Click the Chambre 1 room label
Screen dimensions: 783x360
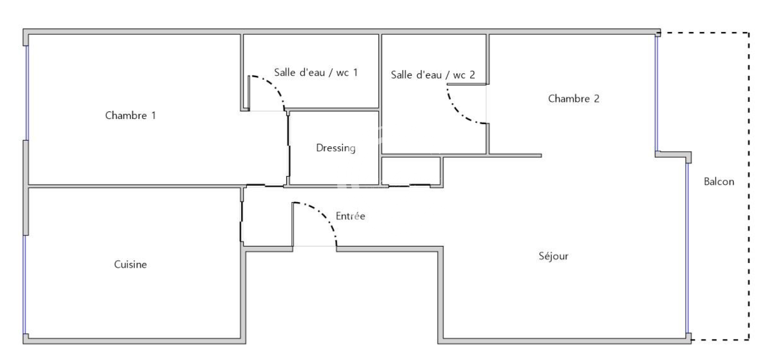[x=130, y=115]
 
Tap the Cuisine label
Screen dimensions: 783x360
[x=130, y=264]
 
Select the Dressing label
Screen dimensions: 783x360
[x=336, y=148]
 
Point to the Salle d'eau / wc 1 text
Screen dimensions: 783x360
[x=316, y=73]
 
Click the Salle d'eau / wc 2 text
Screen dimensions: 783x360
[x=432, y=74]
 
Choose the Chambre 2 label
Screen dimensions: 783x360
[x=574, y=99]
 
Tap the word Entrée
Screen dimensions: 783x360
[x=351, y=215]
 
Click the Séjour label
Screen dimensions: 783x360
[x=553, y=256]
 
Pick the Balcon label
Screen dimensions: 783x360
[x=719, y=182]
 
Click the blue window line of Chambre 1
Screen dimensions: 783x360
[x=27, y=93]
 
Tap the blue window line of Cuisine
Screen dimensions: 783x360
[x=25, y=285]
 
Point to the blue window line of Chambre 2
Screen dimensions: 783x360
[x=657, y=94]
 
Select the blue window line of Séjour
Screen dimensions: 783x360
[x=688, y=248]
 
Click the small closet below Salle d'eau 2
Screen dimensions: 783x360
[x=411, y=171]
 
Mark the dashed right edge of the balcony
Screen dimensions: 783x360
[x=749, y=186]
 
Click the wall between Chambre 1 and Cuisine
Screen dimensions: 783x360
[x=135, y=186]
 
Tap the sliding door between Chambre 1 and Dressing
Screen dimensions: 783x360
[x=289, y=146]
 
